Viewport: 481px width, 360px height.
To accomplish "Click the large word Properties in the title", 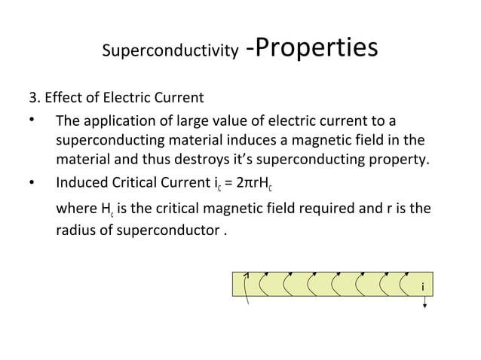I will [x=311, y=47].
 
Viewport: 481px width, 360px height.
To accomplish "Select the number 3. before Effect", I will [x=34, y=99].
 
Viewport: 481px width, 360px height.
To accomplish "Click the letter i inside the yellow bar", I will [x=422, y=287].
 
